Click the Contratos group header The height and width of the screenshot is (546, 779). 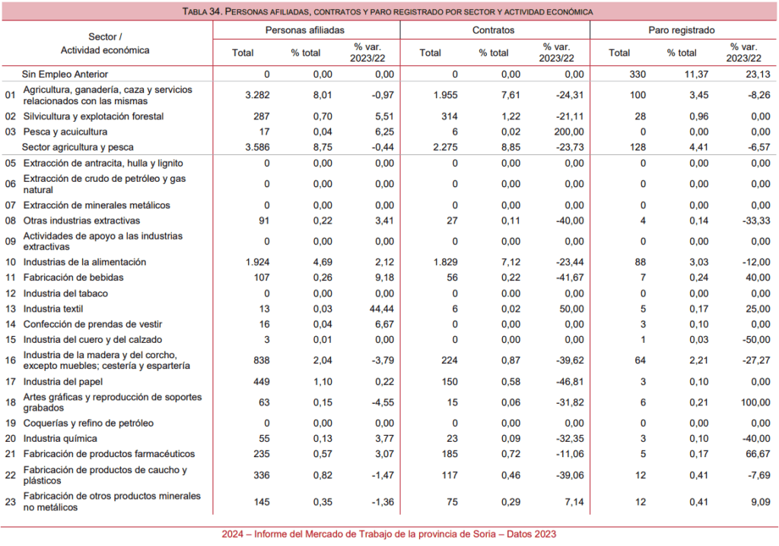493,30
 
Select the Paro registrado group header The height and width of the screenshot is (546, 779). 681,30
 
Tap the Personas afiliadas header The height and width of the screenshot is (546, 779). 304,30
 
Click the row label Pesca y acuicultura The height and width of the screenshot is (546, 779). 65,132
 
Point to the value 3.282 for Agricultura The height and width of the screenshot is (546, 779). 257,95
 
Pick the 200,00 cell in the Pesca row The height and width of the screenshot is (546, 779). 569,132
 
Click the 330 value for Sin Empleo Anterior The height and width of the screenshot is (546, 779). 638,74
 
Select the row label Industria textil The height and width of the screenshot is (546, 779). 53,309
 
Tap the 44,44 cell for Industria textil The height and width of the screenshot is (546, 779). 382,309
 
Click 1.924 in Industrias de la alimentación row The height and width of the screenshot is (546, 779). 257,262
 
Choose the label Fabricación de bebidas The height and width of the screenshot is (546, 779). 74,278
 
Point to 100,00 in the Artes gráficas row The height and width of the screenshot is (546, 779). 755,402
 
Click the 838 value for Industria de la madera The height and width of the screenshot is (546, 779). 262,360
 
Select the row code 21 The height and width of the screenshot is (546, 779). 11,453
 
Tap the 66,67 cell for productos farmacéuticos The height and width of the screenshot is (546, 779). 758,453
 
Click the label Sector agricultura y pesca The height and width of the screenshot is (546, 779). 78,147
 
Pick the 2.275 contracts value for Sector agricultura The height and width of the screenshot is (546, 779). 445,147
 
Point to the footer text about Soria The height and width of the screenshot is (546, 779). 389,534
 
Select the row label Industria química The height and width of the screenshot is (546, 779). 60,438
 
